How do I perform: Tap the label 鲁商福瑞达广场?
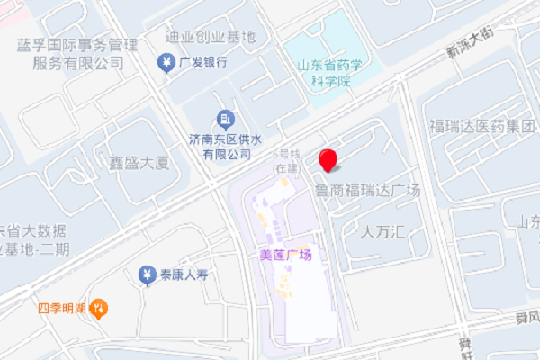[x=367, y=190]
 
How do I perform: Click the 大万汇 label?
[x=384, y=231]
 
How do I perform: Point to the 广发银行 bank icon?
[x=166, y=63]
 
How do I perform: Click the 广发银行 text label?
[x=203, y=63]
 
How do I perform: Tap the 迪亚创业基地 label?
[x=211, y=37]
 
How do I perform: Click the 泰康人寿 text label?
[x=184, y=274]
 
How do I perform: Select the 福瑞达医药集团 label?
[x=481, y=124]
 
